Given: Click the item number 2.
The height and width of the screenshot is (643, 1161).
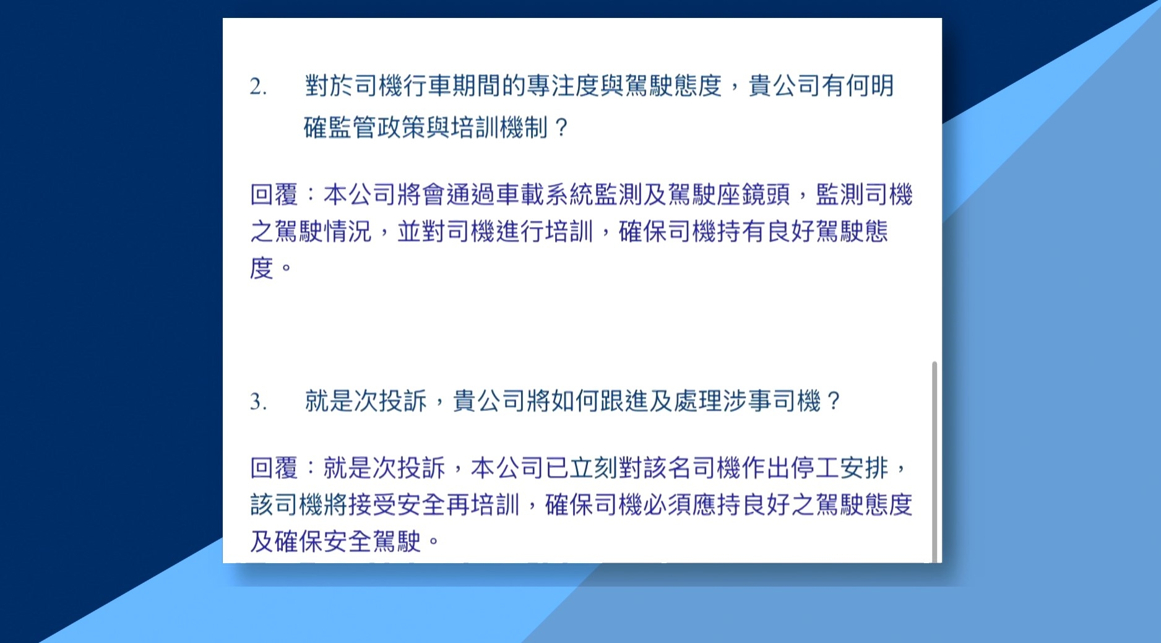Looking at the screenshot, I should (258, 87).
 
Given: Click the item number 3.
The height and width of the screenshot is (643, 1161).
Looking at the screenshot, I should (258, 402).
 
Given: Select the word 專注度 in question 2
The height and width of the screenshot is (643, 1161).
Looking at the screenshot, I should (562, 86).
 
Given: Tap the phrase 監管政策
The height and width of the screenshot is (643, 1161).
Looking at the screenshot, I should (377, 128).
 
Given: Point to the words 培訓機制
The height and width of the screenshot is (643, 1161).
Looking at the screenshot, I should (500, 128).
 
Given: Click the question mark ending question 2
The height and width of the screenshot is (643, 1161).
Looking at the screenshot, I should (561, 128).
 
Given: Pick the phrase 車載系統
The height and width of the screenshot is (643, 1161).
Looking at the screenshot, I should (544, 195).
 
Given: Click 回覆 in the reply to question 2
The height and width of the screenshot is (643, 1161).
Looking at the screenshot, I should (274, 195).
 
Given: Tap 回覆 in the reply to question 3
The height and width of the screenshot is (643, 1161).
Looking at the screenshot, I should (274, 468).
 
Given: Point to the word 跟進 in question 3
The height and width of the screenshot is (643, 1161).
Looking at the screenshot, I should (623, 402).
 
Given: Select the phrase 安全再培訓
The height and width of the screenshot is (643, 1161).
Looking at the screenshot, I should (458, 505).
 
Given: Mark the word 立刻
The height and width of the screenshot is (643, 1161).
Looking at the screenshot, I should (593, 468).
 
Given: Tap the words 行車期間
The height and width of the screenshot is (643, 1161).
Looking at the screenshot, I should (452, 86).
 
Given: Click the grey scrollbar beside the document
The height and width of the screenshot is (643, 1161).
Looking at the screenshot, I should (934, 461).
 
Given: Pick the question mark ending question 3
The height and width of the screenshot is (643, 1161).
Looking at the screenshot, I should (833, 402).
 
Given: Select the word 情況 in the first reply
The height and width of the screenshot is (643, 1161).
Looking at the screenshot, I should (348, 232).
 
